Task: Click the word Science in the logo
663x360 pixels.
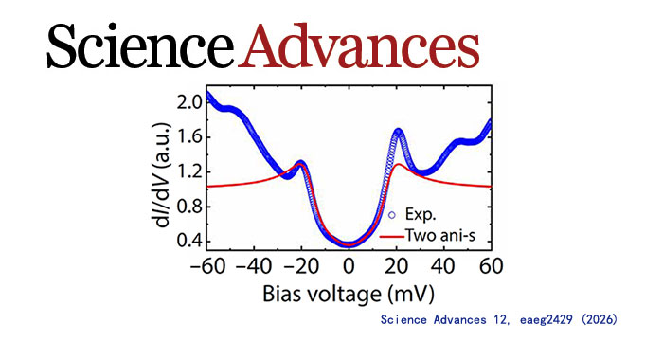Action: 140,45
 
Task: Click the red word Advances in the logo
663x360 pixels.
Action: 359,45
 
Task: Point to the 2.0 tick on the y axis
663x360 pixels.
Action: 189,103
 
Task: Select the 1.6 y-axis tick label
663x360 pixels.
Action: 189,137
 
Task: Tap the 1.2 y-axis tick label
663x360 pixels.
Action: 189,172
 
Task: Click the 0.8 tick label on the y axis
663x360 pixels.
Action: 189,207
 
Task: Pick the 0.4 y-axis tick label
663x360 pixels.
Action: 189,242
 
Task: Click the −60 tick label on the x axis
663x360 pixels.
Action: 207,266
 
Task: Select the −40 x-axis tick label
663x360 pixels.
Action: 255,266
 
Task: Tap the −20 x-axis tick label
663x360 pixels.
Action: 302,266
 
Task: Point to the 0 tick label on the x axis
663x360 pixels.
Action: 349,266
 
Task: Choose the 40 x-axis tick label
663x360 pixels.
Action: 443,266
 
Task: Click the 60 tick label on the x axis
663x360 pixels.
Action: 492,266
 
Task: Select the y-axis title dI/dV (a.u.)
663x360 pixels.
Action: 163,174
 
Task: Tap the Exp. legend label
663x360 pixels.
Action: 421,214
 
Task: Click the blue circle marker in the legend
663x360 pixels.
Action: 392,215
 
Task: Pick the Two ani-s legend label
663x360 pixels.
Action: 440,235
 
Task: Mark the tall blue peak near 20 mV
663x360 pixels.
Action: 398,132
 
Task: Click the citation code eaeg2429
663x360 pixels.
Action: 547,320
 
